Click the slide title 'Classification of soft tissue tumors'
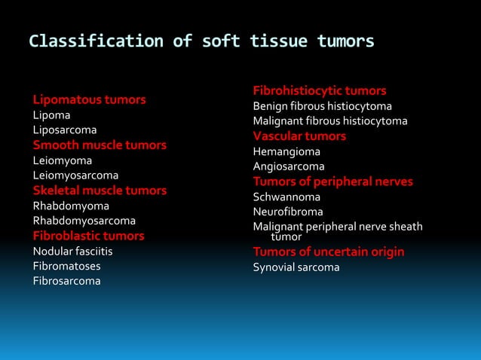(x=201, y=41)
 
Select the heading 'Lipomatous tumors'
(x=89, y=99)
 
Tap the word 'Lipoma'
(x=51, y=115)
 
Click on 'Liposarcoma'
(x=64, y=130)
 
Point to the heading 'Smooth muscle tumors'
(x=100, y=145)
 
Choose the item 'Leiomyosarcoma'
(x=75, y=175)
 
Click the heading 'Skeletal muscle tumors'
(x=100, y=191)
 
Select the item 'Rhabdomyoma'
(x=71, y=206)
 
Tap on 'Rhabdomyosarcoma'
(x=84, y=221)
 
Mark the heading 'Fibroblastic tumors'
(x=88, y=236)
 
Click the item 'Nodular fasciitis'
(x=72, y=251)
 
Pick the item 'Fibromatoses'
(x=66, y=266)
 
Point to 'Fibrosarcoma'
(x=66, y=281)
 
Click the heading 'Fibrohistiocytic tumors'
(x=320, y=90)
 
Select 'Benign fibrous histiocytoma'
(x=322, y=106)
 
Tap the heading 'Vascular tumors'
(x=299, y=136)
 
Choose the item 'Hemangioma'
(x=286, y=151)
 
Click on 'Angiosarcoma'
(x=289, y=166)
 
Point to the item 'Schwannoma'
(x=286, y=197)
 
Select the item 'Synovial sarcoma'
(x=296, y=267)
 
